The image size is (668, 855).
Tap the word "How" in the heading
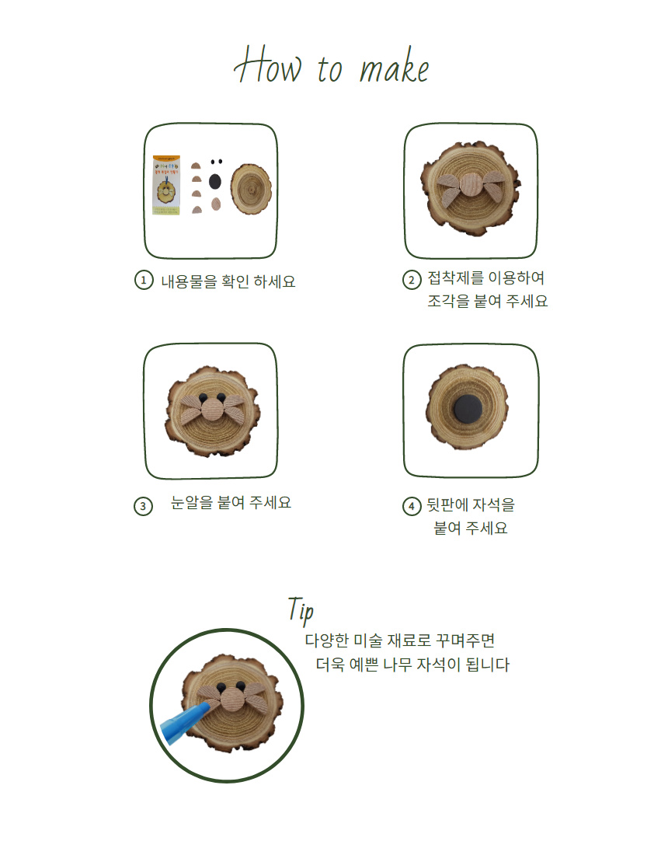click(267, 65)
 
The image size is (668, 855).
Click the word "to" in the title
click(329, 69)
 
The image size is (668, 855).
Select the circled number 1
click(144, 281)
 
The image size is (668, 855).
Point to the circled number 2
click(412, 281)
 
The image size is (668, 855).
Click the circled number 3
click(143, 506)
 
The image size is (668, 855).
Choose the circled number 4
click(412, 506)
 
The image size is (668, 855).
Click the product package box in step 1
click(166, 186)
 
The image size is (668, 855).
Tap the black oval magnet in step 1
click(215, 182)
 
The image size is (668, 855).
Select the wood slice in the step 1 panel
click(251, 189)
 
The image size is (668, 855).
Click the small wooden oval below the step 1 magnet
click(216, 204)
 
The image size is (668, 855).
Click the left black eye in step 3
click(204, 397)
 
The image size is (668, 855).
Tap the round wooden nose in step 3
click(213, 410)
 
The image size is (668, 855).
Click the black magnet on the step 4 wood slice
click(468, 410)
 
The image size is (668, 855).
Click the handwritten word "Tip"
click(301, 610)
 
